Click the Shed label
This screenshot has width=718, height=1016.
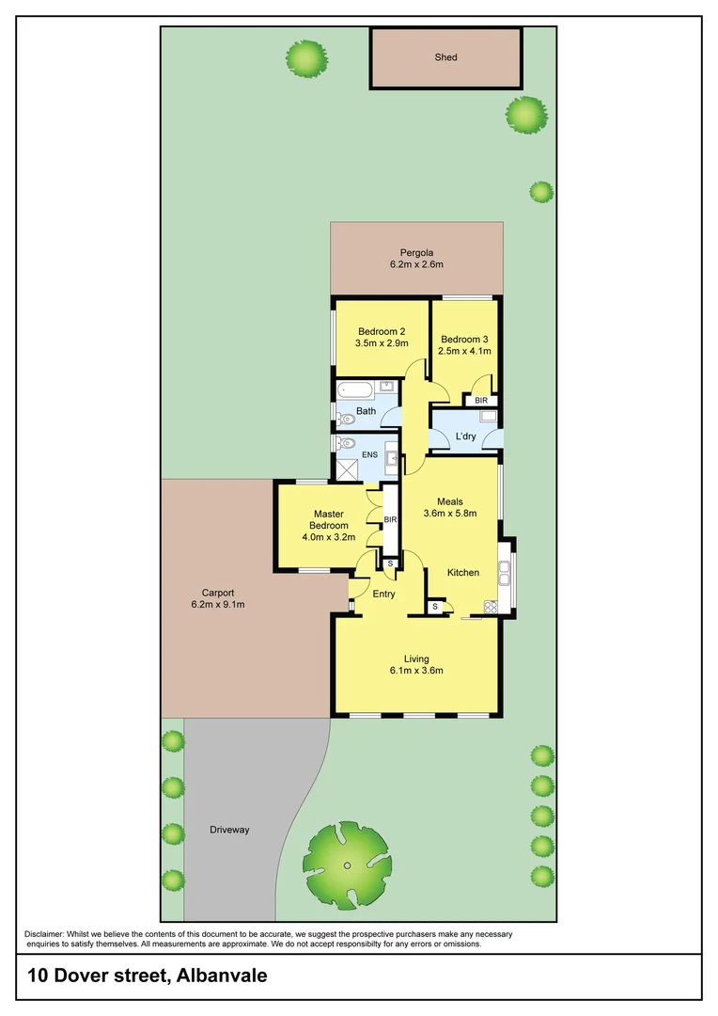[x=445, y=57]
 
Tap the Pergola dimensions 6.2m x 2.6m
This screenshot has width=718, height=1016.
[x=416, y=265]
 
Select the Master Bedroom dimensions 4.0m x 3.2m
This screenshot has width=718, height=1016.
[x=329, y=538]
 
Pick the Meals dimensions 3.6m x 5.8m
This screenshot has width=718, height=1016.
[x=450, y=514]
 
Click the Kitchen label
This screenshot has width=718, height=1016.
[x=463, y=573]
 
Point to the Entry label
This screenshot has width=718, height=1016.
[x=383, y=594]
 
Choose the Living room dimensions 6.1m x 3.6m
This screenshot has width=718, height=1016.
[x=416, y=671]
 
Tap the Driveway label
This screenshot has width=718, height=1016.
[x=229, y=830]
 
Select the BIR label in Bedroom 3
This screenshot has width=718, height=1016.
[x=481, y=401]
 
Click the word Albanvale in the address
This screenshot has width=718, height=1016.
[x=221, y=976]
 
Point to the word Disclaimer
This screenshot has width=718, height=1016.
[x=45, y=933]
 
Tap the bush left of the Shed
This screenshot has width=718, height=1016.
[x=307, y=59]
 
